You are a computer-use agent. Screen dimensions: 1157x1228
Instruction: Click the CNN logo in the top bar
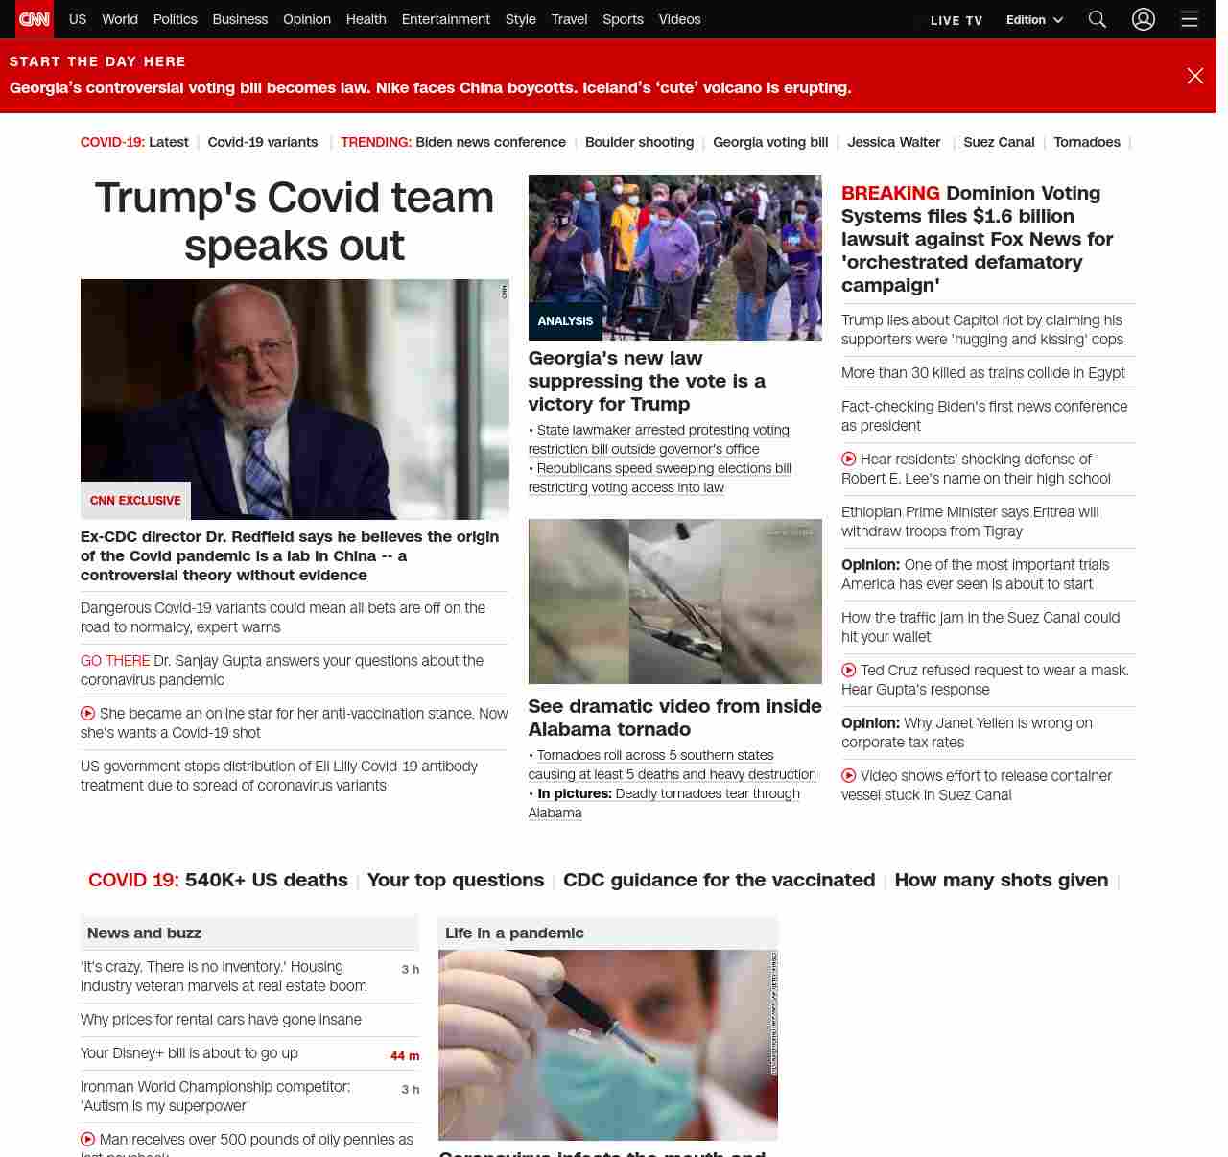(35, 19)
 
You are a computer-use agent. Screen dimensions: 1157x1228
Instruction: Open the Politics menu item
(175, 19)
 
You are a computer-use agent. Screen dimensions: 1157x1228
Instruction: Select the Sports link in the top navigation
(623, 19)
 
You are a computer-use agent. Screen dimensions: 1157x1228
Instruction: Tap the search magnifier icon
(1098, 19)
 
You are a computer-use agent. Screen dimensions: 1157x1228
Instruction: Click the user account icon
(1143, 19)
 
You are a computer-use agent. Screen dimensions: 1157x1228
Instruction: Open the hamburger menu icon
(1190, 19)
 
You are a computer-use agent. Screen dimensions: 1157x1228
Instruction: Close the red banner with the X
(1194, 76)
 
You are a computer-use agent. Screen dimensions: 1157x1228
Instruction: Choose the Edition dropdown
(1034, 20)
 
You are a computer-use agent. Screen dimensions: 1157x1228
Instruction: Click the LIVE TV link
(956, 20)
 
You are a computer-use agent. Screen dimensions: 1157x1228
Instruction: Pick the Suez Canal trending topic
(999, 142)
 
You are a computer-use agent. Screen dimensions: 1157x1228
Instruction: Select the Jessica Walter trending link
(893, 142)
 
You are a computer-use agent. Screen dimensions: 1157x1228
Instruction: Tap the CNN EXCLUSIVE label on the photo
(135, 501)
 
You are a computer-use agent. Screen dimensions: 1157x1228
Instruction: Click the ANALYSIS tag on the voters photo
(565, 321)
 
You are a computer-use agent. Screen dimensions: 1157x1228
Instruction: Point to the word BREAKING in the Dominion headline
(890, 193)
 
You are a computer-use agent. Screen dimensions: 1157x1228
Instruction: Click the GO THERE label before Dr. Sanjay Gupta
(115, 661)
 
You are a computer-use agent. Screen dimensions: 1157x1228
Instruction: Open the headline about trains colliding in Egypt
(982, 373)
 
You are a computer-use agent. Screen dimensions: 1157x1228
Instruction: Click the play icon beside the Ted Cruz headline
(849, 671)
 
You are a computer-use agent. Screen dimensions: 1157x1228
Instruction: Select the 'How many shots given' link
(1001, 880)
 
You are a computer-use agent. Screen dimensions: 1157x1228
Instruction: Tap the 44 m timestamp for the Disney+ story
(405, 1056)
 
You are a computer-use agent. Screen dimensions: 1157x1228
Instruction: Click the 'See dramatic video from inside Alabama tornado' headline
(674, 718)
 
